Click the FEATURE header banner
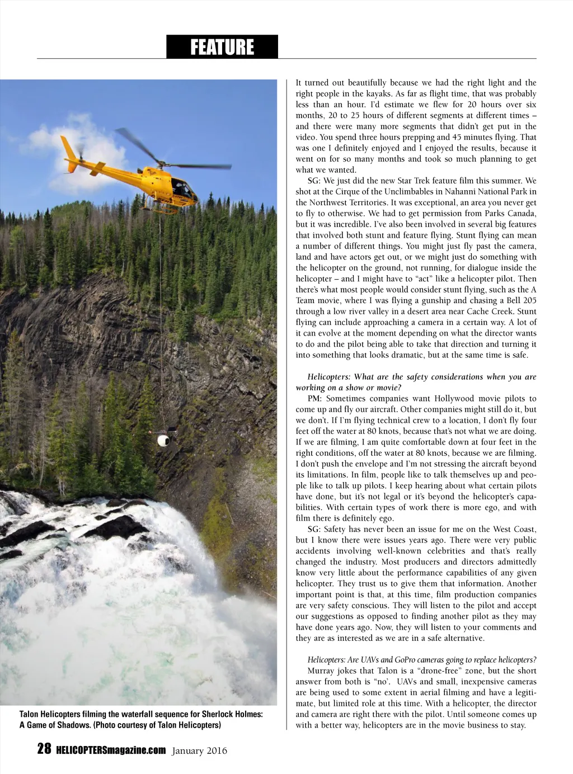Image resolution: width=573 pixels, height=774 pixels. [222, 47]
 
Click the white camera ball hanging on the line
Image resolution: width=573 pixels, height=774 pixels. [162, 439]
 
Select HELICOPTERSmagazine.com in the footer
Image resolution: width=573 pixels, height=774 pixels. [111, 750]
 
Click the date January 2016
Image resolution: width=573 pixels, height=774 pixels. [200, 751]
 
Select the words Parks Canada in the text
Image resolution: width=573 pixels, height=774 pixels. [510, 214]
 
